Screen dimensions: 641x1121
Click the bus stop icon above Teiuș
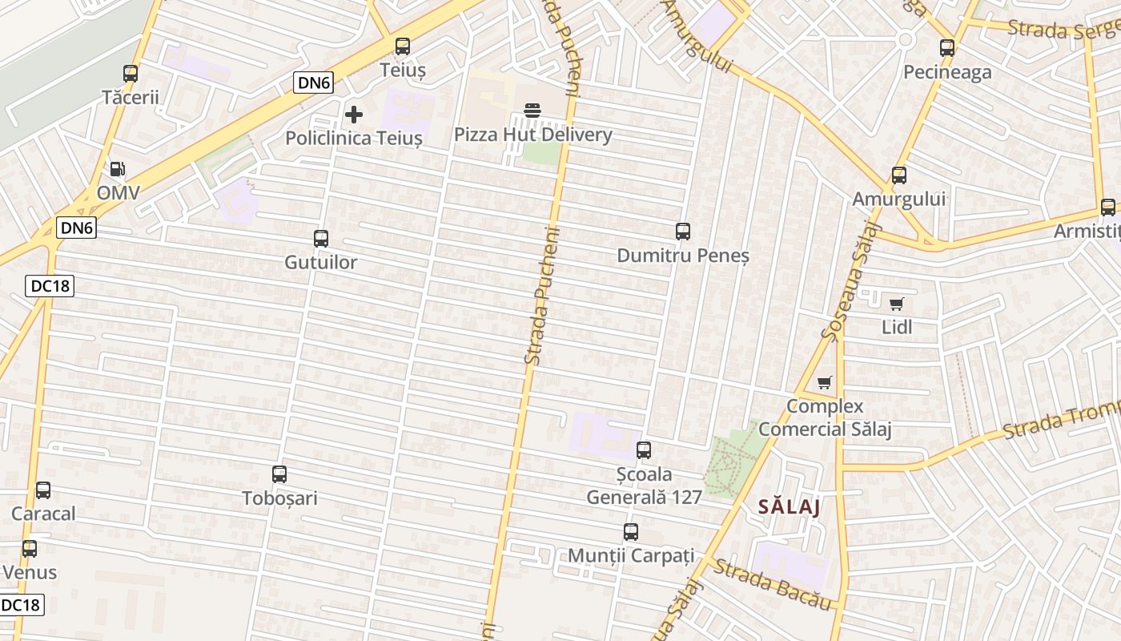(x=403, y=46)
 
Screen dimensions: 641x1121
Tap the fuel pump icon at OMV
(x=118, y=169)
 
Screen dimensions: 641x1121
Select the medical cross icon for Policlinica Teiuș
(x=353, y=115)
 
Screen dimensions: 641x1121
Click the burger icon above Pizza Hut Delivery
(x=532, y=111)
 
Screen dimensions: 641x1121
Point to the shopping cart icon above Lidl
(x=896, y=304)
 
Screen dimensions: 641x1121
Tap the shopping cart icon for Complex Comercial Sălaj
(x=824, y=382)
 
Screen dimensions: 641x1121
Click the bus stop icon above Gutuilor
(x=321, y=239)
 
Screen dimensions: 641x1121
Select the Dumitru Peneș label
(x=683, y=256)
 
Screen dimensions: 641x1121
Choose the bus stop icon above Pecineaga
(x=947, y=48)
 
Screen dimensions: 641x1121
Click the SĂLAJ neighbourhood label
(x=790, y=507)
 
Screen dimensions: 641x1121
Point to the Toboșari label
(x=280, y=498)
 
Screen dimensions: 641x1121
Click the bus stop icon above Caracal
(x=43, y=490)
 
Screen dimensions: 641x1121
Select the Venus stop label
(x=30, y=572)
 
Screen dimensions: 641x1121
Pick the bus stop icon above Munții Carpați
(x=631, y=532)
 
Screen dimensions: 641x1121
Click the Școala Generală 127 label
(x=645, y=486)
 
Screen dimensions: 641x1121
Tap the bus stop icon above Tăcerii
(x=131, y=74)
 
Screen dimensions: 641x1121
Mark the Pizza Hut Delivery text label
(x=533, y=135)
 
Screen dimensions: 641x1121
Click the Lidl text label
(x=897, y=327)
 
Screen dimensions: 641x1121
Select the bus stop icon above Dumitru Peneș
(x=683, y=232)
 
